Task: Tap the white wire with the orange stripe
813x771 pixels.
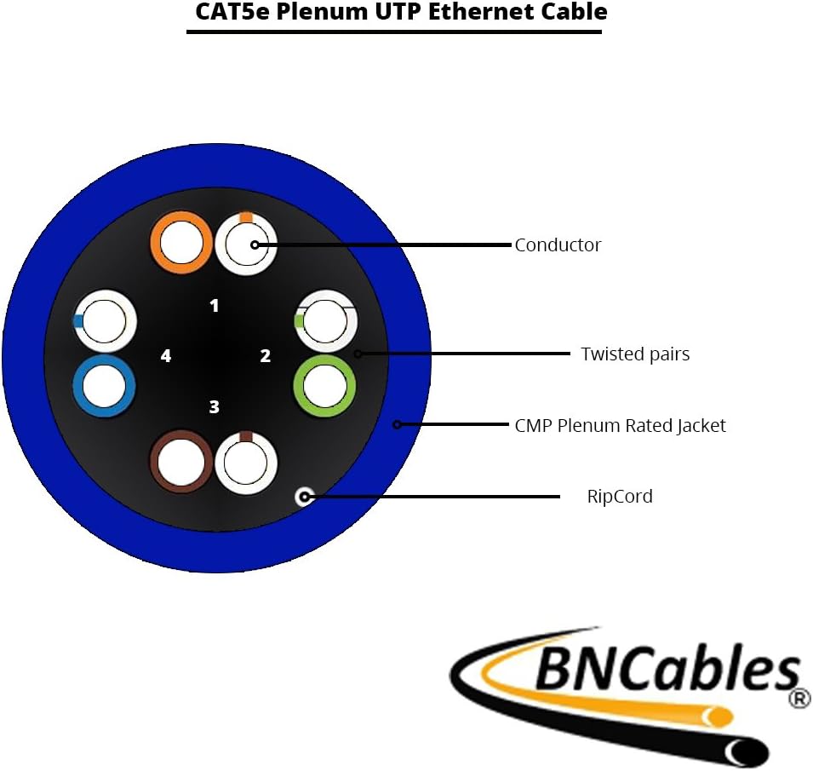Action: point(245,245)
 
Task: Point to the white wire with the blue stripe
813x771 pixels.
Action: point(106,321)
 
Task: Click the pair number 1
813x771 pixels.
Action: point(215,305)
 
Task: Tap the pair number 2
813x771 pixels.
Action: point(266,356)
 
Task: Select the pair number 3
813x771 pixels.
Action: point(215,407)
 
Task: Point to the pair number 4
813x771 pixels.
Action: point(166,356)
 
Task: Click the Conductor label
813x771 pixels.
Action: point(558,245)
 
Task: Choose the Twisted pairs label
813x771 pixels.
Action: point(635,354)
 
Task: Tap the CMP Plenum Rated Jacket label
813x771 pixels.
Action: point(620,425)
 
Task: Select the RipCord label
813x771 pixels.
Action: point(620,496)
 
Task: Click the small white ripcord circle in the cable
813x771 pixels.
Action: point(304,496)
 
